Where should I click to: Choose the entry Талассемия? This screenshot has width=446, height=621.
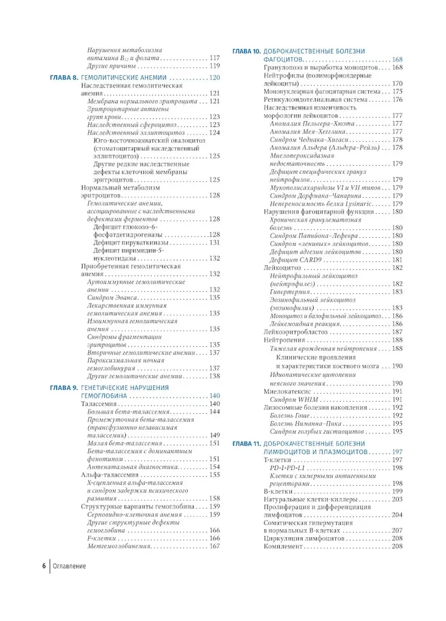pos(100,404)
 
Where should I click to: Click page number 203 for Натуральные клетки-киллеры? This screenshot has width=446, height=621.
pos(397,499)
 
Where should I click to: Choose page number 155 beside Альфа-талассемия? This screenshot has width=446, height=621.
pos(214,475)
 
